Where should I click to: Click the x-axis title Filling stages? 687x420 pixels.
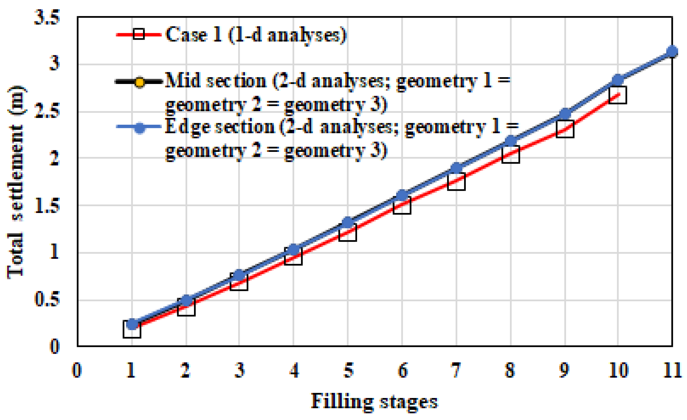pos(374,402)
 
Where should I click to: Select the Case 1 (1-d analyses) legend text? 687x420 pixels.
pos(256,35)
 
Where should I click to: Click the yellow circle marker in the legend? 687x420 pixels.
pos(139,82)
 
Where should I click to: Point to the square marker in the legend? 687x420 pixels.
pos(139,35)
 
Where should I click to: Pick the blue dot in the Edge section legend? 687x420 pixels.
pos(139,127)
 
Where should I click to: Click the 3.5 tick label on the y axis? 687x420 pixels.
pos(47,17)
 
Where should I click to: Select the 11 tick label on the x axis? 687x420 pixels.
pos(672,371)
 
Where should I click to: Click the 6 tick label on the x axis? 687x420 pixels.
pos(402,371)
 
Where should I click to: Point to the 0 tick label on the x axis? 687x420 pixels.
pos(77,371)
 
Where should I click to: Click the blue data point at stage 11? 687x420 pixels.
pos(672,51)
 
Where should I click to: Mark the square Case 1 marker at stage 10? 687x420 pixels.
pos(618,95)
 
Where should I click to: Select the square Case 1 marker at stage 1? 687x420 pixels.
pos(132,329)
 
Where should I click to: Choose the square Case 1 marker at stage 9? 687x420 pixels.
pos(565,129)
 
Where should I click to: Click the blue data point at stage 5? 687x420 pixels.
pos(348,222)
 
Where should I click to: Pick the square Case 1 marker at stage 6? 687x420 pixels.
pos(402,205)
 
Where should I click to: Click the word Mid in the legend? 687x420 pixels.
pos(183,81)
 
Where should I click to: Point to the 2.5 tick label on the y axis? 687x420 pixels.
pos(47,111)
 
